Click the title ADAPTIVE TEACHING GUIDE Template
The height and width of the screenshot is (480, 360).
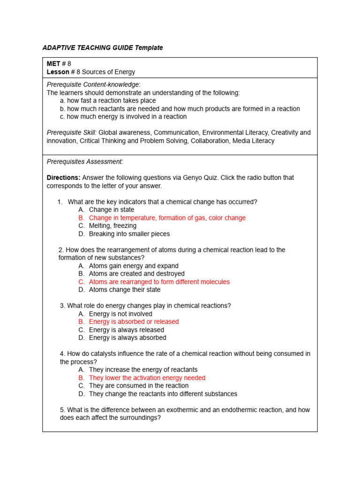click(103, 48)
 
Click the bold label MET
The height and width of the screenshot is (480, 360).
click(53, 64)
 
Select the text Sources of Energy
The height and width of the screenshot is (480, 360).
click(109, 72)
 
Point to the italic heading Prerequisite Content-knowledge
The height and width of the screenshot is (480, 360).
click(93, 84)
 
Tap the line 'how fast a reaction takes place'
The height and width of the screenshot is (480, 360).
click(112, 100)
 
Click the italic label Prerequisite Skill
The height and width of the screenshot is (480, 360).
click(72, 133)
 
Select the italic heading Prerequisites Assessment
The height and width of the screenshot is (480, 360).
click(85, 161)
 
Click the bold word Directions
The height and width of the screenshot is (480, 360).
click(63, 178)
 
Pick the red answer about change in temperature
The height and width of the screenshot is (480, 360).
click(167, 218)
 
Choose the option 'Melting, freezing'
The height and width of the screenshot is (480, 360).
click(112, 225)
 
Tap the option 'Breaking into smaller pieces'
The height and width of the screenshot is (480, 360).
click(129, 233)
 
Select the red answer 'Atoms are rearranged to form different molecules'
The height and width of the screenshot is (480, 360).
click(159, 282)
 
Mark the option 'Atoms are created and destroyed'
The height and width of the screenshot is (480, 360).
click(136, 273)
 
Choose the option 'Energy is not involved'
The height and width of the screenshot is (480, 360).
click(120, 314)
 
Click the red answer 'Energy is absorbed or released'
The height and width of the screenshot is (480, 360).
click(134, 322)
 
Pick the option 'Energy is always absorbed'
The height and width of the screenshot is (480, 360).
click(127, 337)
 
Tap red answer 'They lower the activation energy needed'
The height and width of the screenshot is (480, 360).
click(147, 378)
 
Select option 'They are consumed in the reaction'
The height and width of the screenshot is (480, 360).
click(139, 385)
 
